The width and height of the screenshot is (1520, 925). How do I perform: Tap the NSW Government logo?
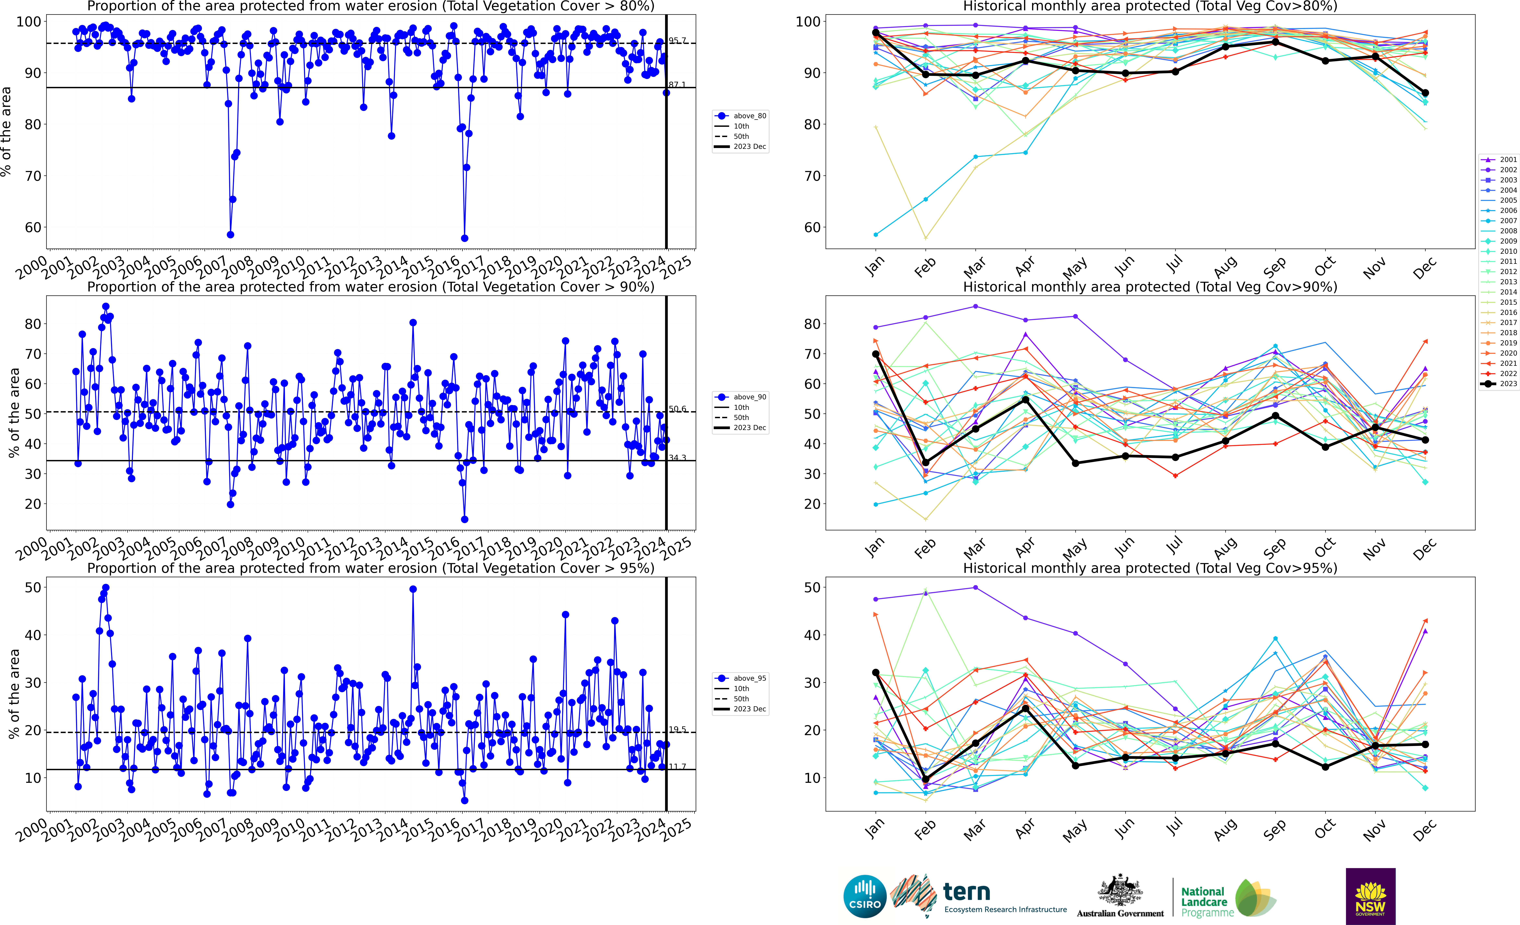click(x=1370, y=896)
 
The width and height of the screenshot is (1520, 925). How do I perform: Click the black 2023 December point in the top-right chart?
click(x=1425, y=93)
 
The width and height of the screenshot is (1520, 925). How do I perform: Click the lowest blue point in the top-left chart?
click(x=464, y=238)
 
